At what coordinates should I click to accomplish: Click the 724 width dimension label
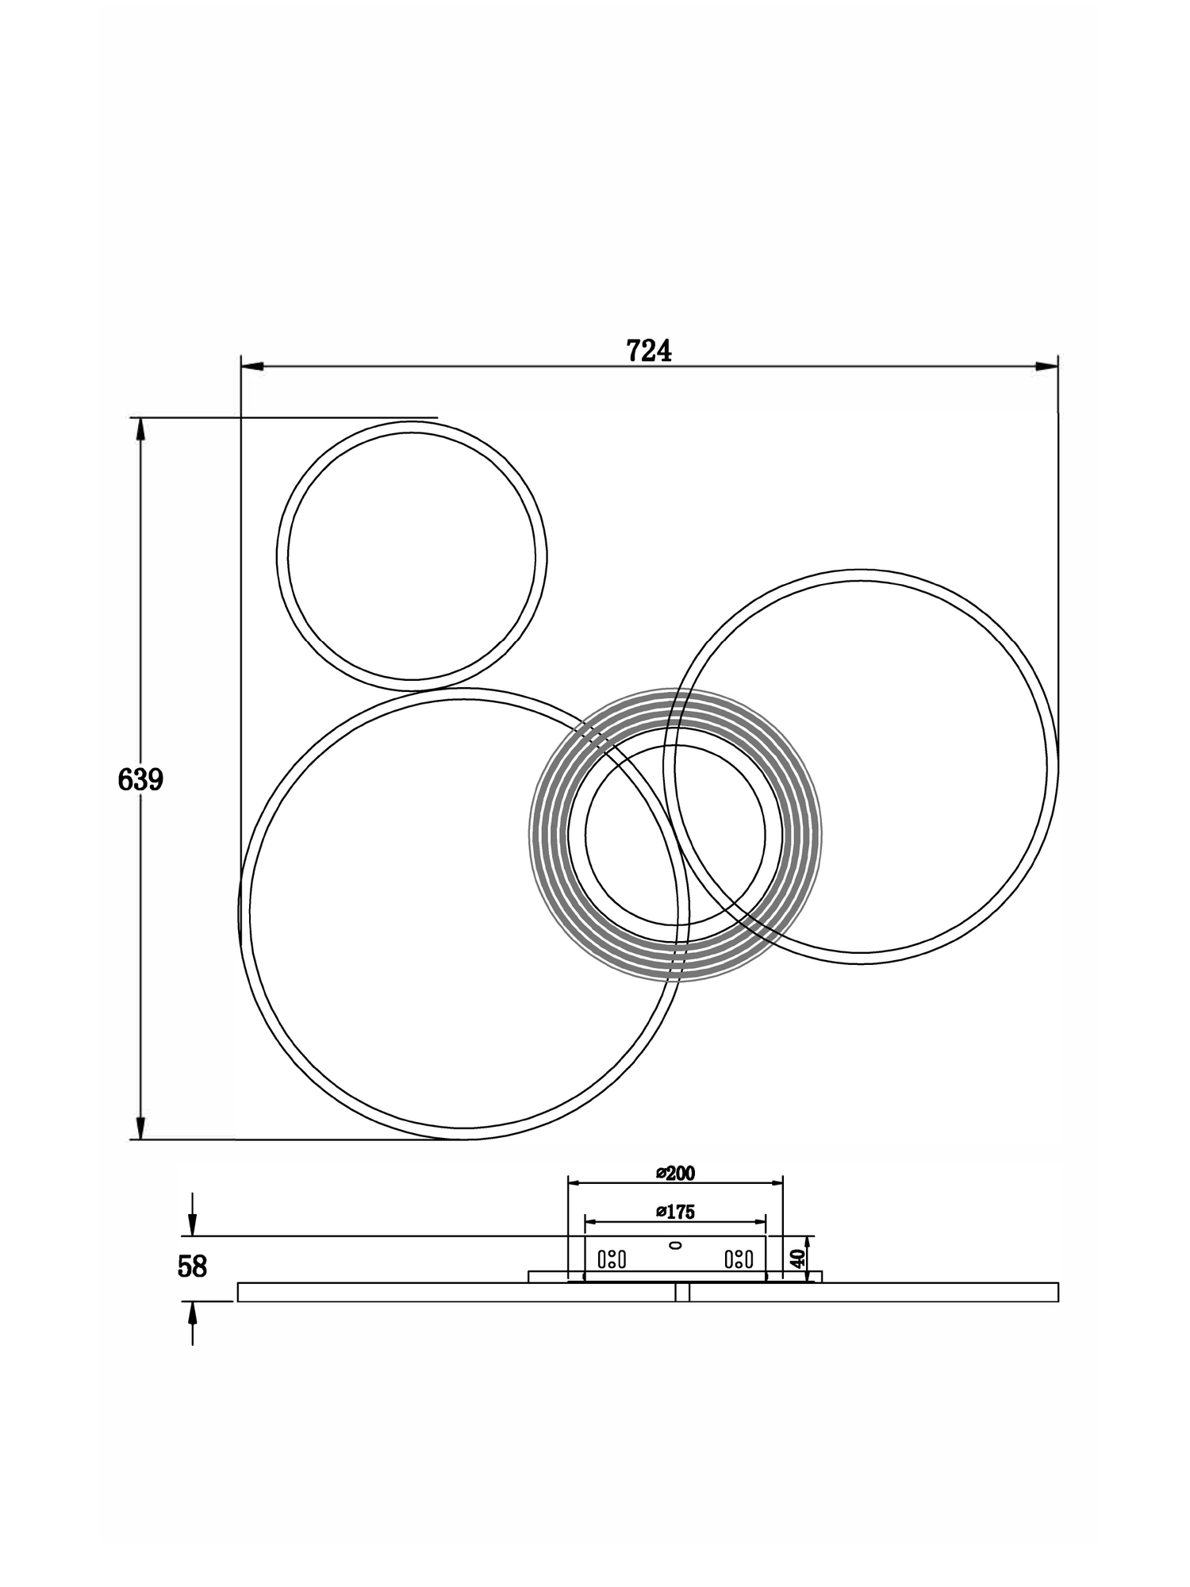tap(648, 350)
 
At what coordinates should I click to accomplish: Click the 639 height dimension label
tap(140, 780)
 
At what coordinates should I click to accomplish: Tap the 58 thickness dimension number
tap(192, 1266)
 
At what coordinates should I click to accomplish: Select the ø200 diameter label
tap(675, 1173)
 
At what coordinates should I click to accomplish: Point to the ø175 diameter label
tap(675, 1212)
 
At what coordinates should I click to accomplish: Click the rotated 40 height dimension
tap(798, 1257)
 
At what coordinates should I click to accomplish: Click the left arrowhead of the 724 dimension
tap(251, 367)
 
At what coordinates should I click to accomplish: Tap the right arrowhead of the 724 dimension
tap(1046, 367)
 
